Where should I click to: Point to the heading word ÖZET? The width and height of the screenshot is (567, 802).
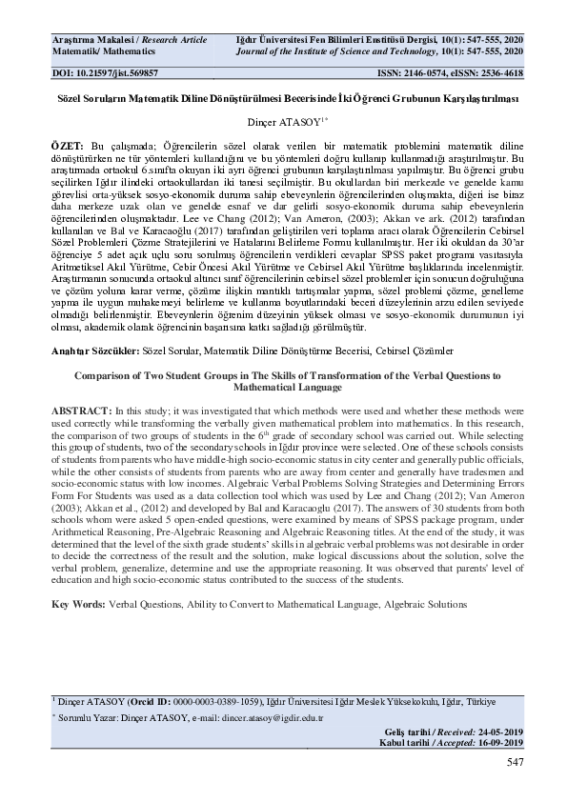[68, 141]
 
